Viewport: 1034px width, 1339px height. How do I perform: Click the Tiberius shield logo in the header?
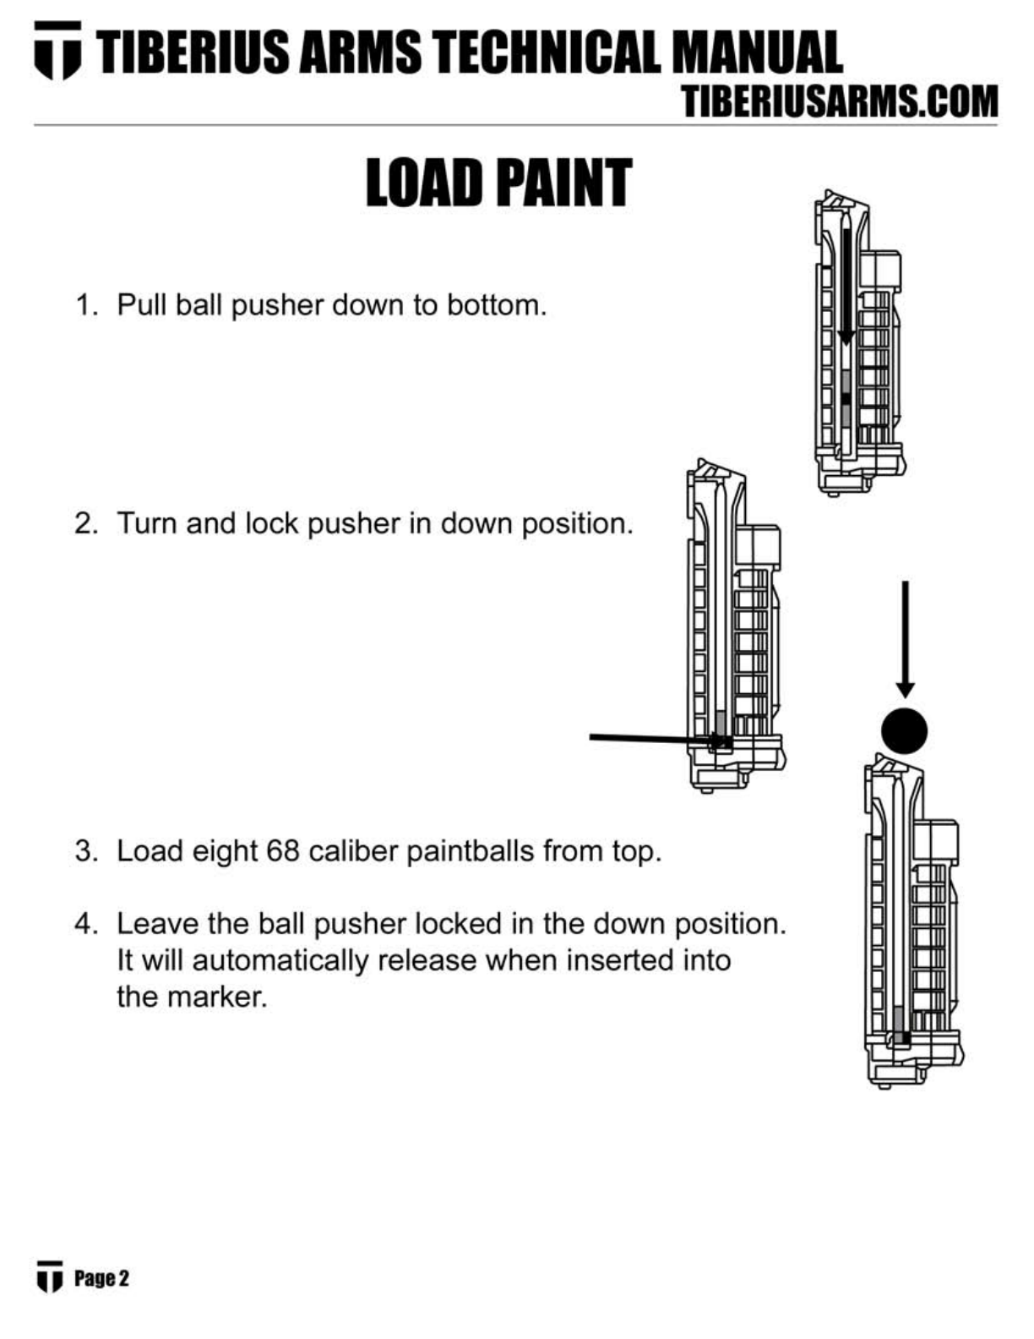click(57, 51)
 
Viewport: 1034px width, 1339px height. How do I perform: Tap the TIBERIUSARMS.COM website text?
click(840, 102)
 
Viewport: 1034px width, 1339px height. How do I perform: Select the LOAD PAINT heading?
click(498, 183)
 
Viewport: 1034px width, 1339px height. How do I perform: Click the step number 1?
click(84, 304)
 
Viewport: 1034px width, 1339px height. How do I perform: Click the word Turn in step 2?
click(147, 523)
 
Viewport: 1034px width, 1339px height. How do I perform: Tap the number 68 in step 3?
click(283, 850)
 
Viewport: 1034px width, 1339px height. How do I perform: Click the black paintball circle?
click(904, 730)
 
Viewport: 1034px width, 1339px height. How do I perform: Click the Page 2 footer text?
click(101, 1278)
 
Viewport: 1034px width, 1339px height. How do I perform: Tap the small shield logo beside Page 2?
click(50, 1276)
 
